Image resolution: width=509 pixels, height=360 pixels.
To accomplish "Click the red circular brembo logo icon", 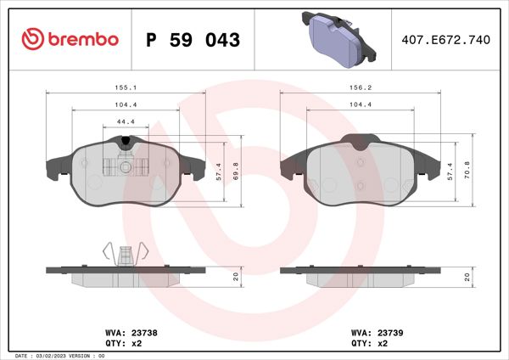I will pyautogui.click(x=31, y=39).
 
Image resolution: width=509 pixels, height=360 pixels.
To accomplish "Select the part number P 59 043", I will pyautogui.click(x=193, y=40).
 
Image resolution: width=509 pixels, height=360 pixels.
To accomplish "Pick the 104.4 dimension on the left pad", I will pyautogui.click(x=126, y=104).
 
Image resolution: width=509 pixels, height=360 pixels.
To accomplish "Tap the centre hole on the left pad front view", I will pyautogui.click(x=126, y=167).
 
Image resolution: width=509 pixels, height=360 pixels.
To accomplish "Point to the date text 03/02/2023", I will pyautogui.click(x=57, y=355).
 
